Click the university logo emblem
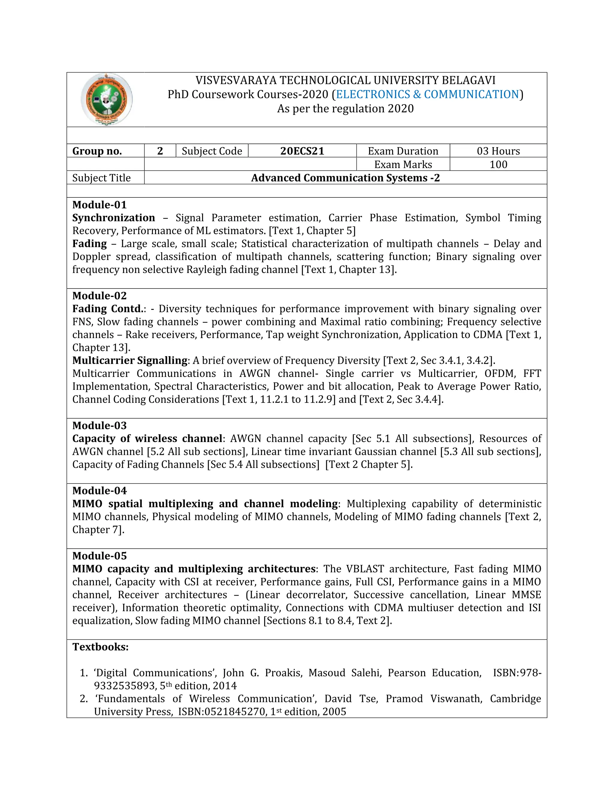point(106,99)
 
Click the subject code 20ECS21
point(302,151)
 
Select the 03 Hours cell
point(498,151)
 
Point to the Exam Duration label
point(403,151)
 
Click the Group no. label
point(97,151)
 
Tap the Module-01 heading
point(99,205)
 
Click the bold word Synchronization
point(114,218)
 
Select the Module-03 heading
point(99,425)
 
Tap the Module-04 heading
point(99,490)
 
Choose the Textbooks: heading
point(100,647)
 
